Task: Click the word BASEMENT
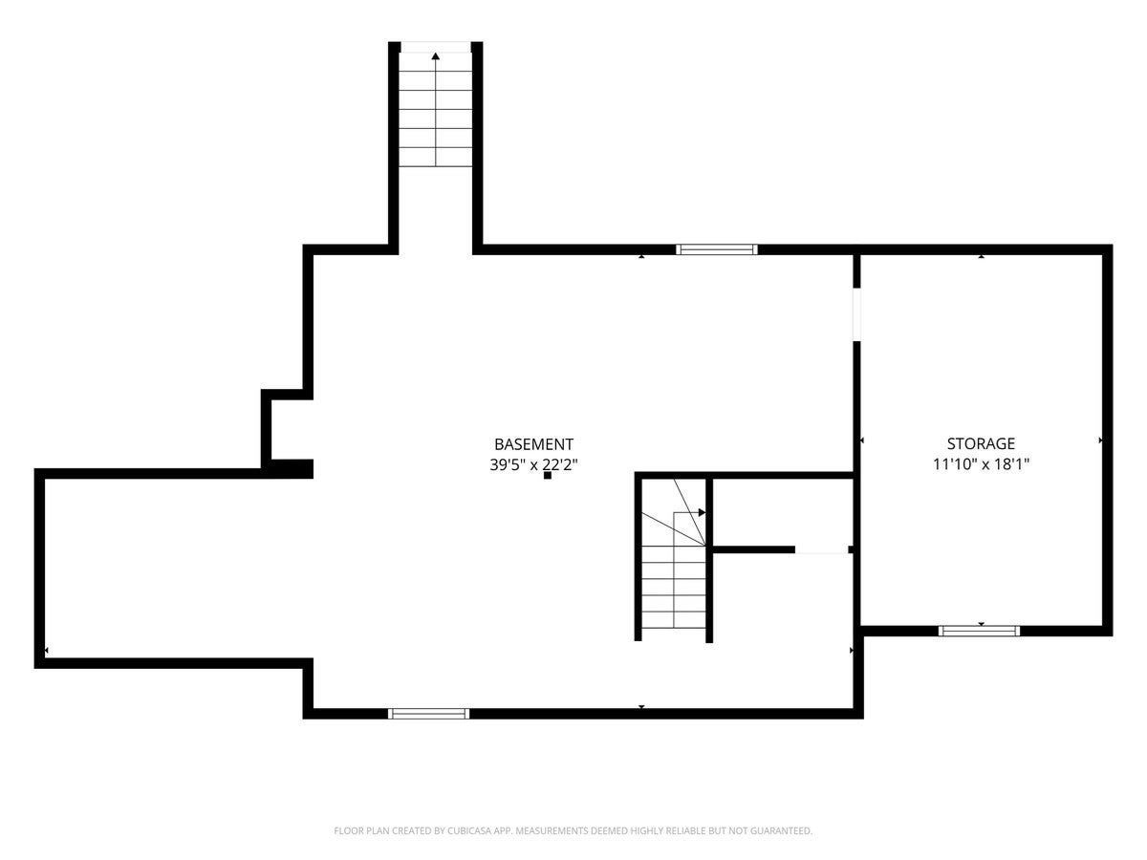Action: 533,444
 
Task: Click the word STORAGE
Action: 981,443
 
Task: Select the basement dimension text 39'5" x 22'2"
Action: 533,464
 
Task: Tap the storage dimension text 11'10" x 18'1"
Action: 981,463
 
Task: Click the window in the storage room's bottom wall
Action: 979,631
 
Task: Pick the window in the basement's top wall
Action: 717,249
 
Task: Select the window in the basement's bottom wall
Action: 428,714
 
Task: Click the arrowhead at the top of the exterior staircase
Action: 435,55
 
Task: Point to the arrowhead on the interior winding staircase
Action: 702,512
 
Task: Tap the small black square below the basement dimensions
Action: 547,475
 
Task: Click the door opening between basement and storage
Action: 856,314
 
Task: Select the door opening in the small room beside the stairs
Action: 821,549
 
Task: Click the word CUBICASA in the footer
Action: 468,830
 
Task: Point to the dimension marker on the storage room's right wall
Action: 1100,441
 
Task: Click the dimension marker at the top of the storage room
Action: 981,256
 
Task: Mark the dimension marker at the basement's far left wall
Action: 47,651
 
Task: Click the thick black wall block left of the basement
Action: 290,469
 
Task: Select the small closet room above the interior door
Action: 783,513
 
